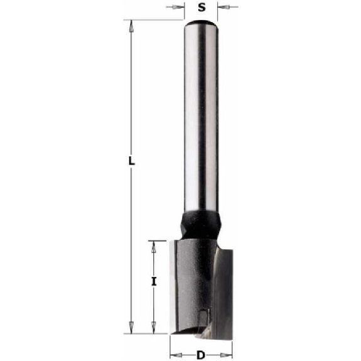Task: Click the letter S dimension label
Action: pyautogui.click(x=202, y=8)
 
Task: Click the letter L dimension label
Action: pyautogui.click(x=131, y=161)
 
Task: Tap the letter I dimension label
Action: pyautogui.click(x=154, y=281)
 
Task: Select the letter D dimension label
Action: pyautogui.click(x=201, y=355)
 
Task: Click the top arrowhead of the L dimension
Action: pyautogui.click(x=131, y=26)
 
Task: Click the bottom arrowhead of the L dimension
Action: pyautogui.click(x=131, y=327)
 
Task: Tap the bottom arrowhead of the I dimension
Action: pyautogui.click(x=154, y=327)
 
